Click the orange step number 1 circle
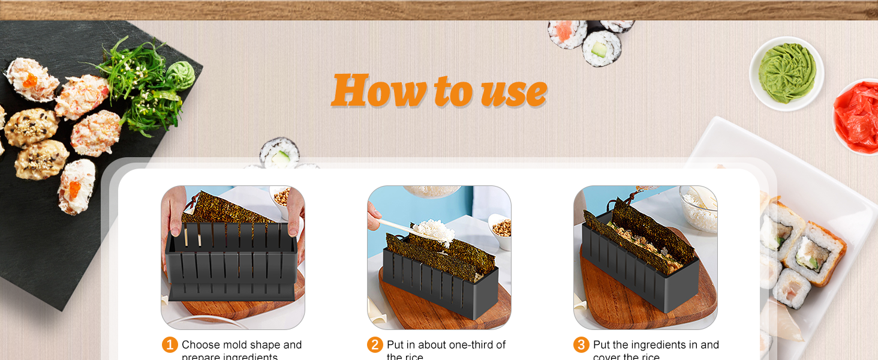[x=170, y=345]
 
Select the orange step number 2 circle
[x=375, y=345]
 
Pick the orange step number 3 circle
[x=581, y=345]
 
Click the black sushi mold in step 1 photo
[x=231, y=264]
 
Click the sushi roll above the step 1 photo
[x=279, y=153]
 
